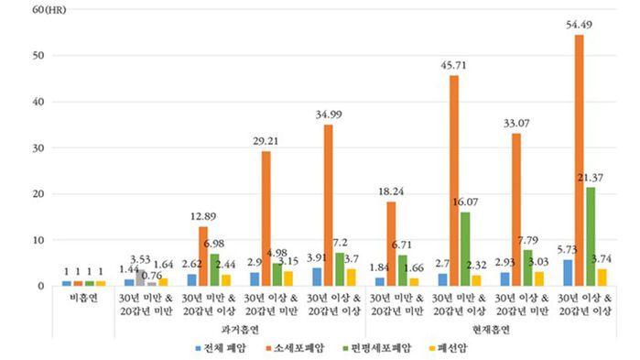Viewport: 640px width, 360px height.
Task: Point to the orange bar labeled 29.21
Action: pos(266,218)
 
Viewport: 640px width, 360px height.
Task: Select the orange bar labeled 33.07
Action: pos(516,210)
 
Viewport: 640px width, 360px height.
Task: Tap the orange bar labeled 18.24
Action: pos(391,244)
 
